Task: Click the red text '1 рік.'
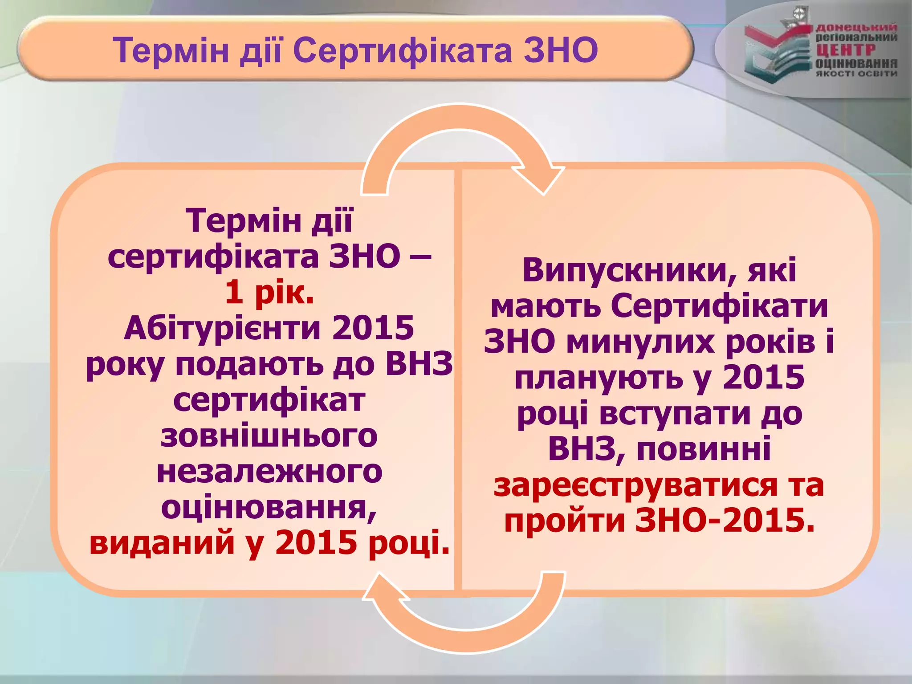269,293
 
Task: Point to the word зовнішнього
269,436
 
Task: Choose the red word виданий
162,543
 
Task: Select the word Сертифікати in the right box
719,306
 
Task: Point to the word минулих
640,342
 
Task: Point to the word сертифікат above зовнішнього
269,400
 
